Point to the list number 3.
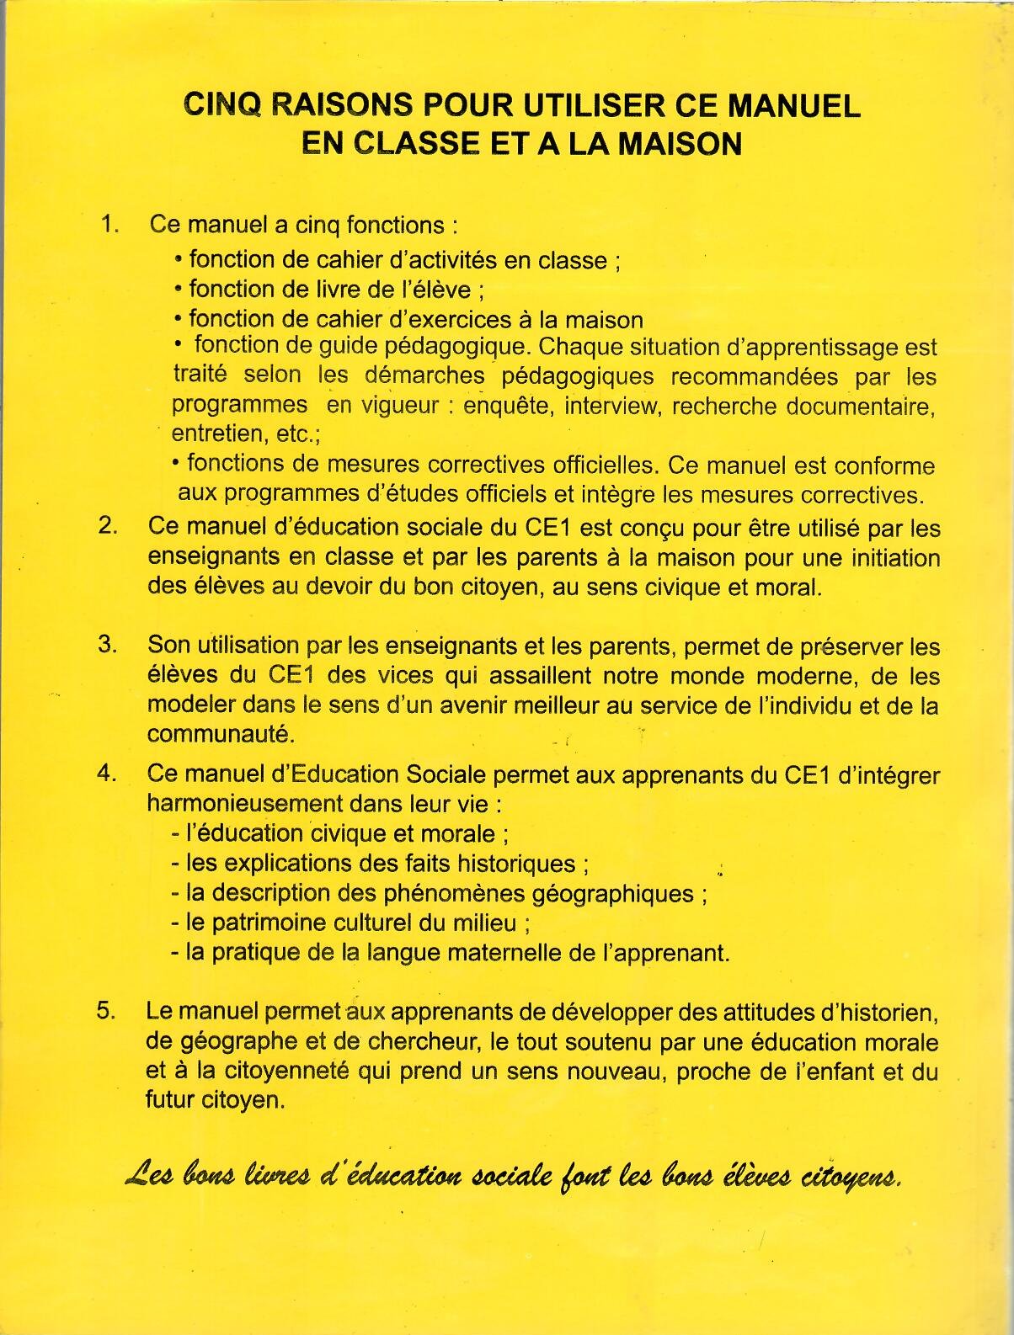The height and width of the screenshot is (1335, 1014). pos(107,645)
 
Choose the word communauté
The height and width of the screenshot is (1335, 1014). pos(221,734)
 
